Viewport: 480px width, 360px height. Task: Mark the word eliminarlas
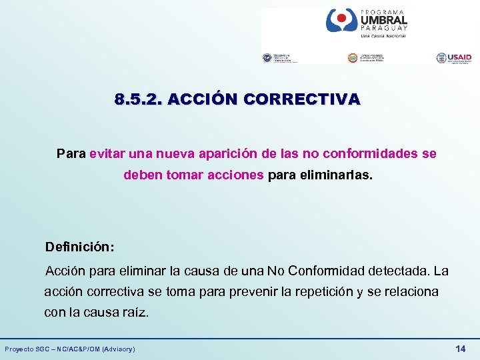click(x=342, y=177)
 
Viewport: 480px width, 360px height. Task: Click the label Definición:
click(x=79, y=247)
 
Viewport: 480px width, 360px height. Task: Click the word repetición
click(x=322, y=292)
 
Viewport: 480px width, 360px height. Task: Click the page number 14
click(x=460, y=349)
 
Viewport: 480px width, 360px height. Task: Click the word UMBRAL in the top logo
click(x=383, y=21)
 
